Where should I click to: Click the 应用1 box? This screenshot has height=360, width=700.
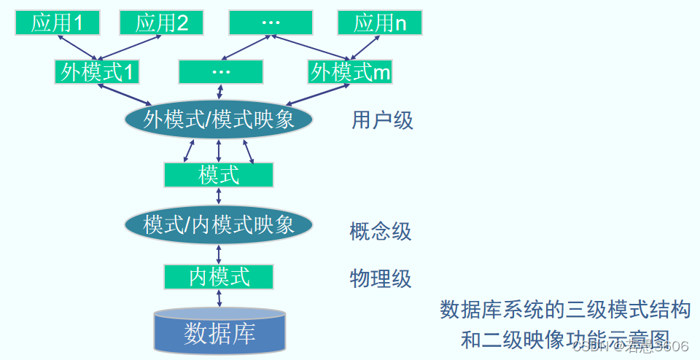pos(58,23)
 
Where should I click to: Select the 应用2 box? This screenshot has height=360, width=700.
pos(162,23)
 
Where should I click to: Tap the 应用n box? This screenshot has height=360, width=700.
pos(380,23)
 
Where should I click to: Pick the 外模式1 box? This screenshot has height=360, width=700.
pos(97,72)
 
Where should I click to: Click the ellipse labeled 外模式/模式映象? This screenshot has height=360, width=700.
pos(219,120)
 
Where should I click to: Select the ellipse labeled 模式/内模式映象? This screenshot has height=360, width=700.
pos(219,224)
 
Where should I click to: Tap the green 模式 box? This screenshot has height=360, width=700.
pos(219,175)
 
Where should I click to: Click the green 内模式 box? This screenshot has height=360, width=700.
pos(219,277)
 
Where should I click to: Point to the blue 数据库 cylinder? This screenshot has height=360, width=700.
pos(219,332)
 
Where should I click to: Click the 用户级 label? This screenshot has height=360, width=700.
pos(382,120)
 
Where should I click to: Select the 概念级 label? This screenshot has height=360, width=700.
pos(381,232)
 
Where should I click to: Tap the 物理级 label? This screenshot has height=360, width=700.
pos(381,278)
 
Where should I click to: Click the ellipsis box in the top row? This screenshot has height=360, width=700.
pos(271,23)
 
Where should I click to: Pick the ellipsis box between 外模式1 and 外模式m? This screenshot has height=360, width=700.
pos(220,72)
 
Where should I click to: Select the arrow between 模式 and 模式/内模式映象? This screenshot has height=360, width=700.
pos(219,197)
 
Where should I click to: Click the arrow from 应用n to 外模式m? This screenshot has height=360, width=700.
pos(363,48)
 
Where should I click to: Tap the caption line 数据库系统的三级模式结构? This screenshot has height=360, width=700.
pos(565,310)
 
